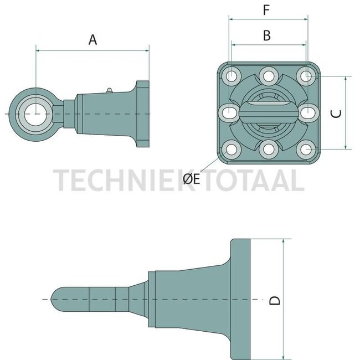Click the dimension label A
tap(92, 39)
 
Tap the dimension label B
tap(266, 36)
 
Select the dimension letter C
tap(336, 113)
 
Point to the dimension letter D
tap(275, 300)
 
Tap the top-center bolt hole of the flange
tap(269, 75)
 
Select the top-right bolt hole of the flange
tap(306, 75)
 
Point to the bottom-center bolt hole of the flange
tap(269, 150)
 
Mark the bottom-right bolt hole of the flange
tap(306, 150)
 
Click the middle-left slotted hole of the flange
tap(230, 113)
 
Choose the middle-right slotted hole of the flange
tap(308, 113)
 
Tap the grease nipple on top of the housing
tap(110, 89)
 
